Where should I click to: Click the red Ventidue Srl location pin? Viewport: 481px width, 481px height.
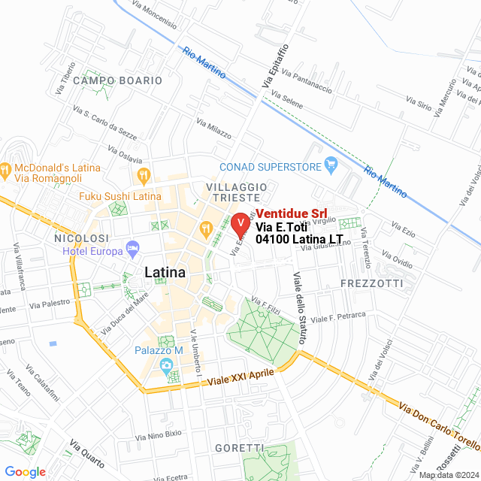[240, 224]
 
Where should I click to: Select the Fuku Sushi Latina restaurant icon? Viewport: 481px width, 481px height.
[143, 177]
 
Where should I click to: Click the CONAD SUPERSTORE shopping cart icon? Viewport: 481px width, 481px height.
[330, 165]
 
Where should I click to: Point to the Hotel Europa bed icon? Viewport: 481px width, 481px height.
[132, 247]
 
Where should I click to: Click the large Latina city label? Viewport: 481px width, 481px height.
[164, 272]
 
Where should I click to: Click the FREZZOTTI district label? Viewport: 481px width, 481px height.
[371, 283]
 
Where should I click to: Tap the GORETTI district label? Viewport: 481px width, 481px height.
[238, 448]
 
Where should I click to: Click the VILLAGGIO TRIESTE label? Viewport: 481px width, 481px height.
[235, 191]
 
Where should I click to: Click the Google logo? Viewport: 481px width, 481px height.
[25, 471]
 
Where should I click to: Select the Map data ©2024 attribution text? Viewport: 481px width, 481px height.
[448, 475]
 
